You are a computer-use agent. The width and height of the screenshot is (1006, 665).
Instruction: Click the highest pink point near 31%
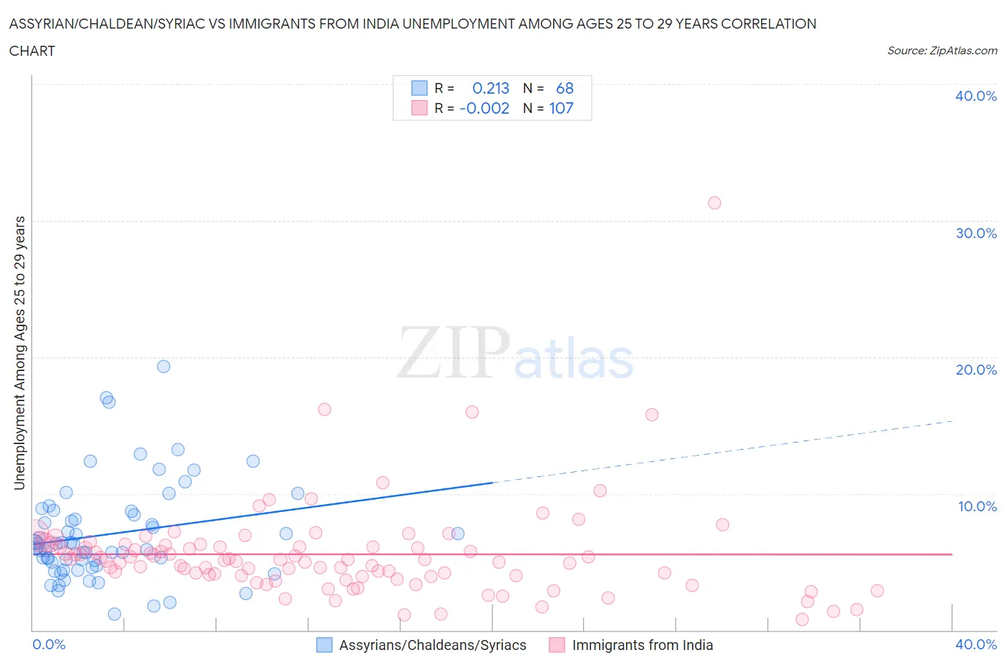pos(714,203)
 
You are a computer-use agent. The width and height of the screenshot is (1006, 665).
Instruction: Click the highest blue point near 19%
pos(164,366)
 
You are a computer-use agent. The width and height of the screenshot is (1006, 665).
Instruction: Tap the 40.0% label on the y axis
pos(976,96)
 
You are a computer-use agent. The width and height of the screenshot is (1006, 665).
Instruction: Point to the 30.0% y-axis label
pos(976,233)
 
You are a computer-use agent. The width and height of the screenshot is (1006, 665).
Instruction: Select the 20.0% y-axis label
pos(976,370)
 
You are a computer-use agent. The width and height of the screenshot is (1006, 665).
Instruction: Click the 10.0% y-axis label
pos(977,506)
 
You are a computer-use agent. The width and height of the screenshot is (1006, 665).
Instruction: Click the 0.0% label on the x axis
pos(49,644)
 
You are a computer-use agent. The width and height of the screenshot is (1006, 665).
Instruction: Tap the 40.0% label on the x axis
pos(976,644)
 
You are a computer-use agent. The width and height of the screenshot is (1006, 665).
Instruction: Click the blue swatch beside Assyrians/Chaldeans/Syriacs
pos(324,645)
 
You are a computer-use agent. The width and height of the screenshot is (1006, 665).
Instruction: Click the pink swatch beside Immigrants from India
pos(557,645)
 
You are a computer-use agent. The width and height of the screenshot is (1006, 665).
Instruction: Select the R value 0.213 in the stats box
pos(491,88)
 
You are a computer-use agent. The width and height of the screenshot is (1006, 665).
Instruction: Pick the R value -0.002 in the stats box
pos(484,108)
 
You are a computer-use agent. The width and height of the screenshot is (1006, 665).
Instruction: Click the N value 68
pos(565,88)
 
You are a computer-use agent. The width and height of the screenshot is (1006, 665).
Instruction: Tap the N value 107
pos(561,108)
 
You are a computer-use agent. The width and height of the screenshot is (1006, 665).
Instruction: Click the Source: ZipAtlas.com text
pos(942,50)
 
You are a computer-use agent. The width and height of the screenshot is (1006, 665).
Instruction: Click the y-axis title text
pos(20,353)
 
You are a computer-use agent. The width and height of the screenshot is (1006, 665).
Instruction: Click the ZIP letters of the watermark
pos(454,353)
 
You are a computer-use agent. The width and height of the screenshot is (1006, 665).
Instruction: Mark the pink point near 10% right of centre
pos(600,491)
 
